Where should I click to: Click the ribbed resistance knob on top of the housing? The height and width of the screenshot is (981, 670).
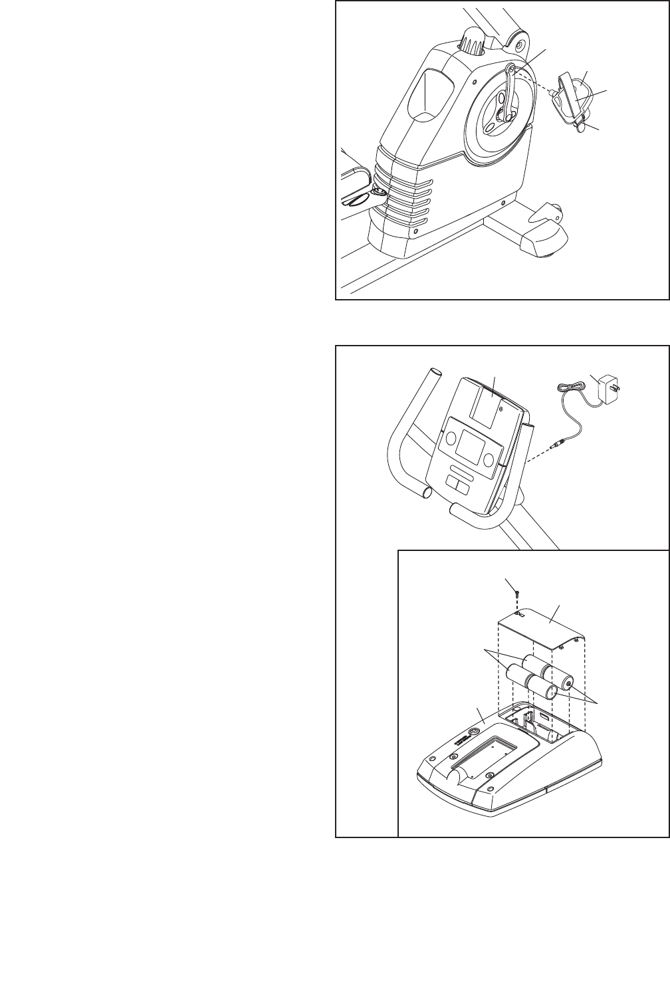click(472, 42)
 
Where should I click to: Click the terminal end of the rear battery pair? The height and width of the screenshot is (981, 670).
click(569, 683)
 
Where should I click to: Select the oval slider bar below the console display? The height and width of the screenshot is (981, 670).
click(462, 479)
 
